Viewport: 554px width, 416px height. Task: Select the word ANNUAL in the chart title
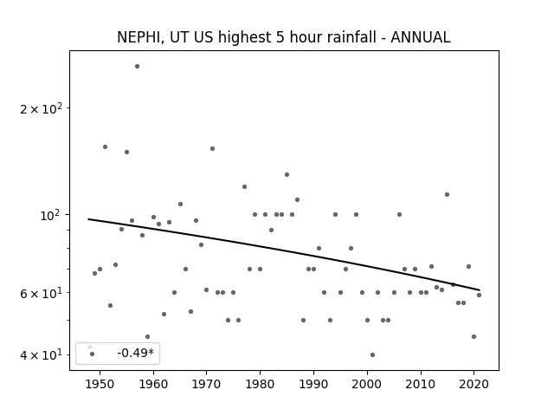point(421,37)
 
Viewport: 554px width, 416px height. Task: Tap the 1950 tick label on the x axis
point(100,384)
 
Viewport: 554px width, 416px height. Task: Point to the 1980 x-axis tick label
point(260,384)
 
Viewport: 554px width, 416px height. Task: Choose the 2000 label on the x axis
point(367,384)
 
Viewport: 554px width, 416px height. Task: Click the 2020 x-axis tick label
point(473,384)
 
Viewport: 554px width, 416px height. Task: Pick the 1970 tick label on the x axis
point(207,384)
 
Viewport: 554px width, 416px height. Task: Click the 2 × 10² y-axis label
point(41,108)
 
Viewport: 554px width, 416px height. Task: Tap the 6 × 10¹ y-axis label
point(41,293)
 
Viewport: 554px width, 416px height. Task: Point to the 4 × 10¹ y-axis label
point(41,354)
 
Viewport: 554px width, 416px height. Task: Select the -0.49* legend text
point(136,353)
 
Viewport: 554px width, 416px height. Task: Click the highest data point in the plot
point(137,66)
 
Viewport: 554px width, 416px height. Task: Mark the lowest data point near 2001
point(372,354)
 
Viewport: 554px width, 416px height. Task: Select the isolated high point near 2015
point(447,194)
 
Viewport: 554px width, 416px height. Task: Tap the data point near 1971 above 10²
point(212,148)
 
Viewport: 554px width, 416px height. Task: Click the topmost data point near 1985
point(287,174)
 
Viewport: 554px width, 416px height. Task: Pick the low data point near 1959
point(148,337)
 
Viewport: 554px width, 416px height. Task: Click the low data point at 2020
point(473,337)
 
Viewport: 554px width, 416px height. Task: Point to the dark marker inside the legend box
point(93,354)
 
